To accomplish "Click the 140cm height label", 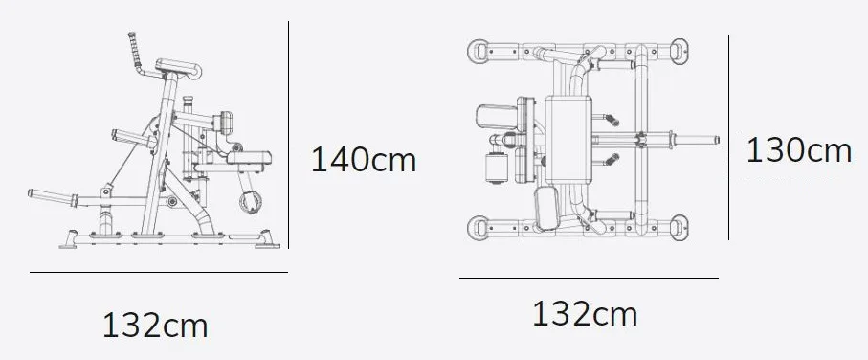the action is pyautogui.click(x=363, y=160).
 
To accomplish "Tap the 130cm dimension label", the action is pyautogui.click(x=799, y=150).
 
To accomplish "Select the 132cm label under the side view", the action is pyautogui.click(x=155, y=326).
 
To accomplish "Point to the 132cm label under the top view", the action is pyautogui.click(x=585, y=313).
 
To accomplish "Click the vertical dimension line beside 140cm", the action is pyautogui.click(x=288, y=135).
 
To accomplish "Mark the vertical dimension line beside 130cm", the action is pyautogui.click(x=728, y=138).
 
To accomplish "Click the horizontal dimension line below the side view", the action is pyautogui.click(x=159, y=272).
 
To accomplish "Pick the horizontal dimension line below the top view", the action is pyautogui.click(x=589, y=278).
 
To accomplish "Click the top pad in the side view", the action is pyautogui.click(x=178, y=68).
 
